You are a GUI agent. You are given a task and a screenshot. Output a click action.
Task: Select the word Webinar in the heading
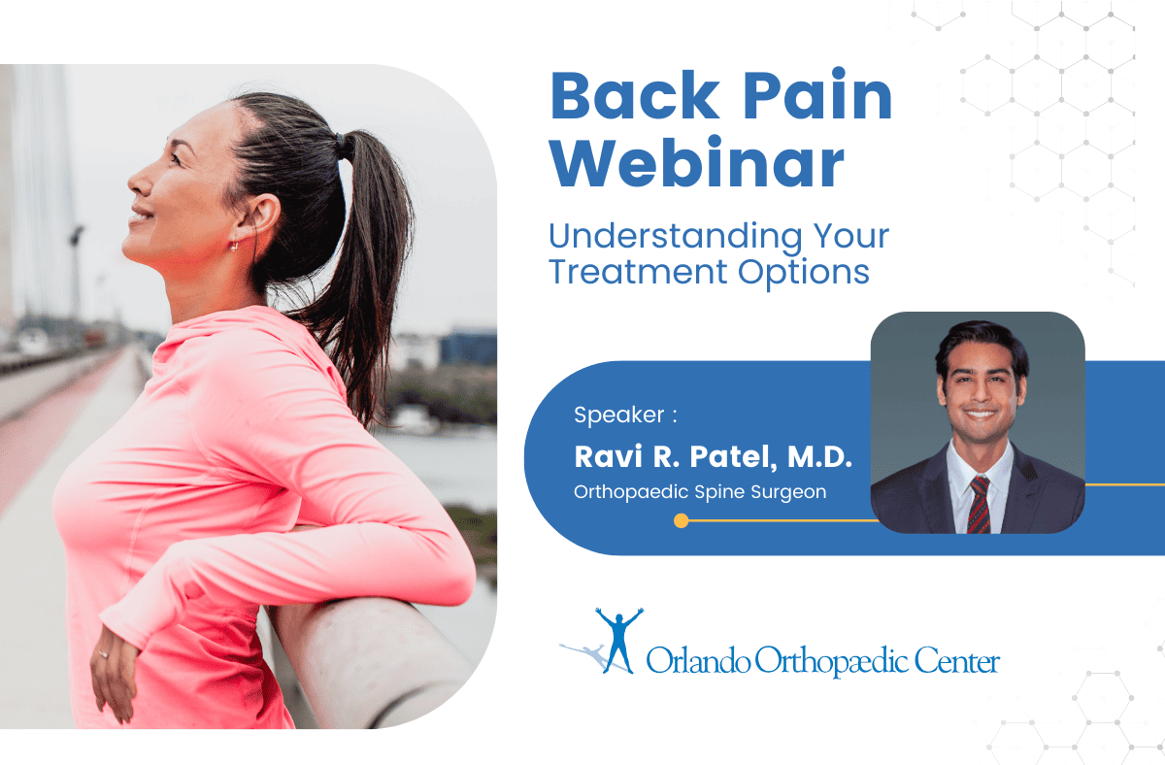697,162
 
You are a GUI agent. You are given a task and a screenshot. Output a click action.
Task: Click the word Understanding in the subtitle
675,238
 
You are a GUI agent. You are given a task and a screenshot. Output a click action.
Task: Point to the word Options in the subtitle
804,273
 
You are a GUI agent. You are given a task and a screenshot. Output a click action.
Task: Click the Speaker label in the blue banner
619,416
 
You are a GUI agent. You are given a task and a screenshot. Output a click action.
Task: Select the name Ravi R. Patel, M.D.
713,457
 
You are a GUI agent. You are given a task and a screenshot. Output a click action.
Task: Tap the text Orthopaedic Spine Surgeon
700,492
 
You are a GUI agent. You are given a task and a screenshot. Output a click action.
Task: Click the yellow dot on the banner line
681,520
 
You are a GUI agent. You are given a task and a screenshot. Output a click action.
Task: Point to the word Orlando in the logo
698,660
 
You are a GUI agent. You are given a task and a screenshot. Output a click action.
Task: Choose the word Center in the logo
957,661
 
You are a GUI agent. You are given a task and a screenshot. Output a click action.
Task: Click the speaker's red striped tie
979,505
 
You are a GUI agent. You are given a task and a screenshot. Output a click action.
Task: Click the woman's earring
235,245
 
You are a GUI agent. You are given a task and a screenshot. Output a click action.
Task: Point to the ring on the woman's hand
103,654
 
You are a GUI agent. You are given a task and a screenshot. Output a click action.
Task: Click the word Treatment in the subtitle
638,272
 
